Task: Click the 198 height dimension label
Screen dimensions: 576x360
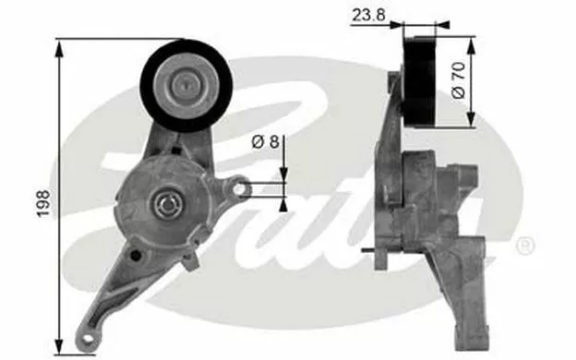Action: [x=43, y=203]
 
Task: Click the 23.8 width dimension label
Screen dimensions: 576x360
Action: [x=368, y=15]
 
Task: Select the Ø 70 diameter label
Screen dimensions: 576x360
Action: [x=459, y=80]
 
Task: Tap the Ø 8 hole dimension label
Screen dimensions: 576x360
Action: [x=266, y=141]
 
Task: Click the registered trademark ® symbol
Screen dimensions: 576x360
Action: [x=525, y=246]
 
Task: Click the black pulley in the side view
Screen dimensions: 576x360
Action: [x=419, y=81]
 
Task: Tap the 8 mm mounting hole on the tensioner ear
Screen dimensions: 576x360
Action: [x=239, y=189]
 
